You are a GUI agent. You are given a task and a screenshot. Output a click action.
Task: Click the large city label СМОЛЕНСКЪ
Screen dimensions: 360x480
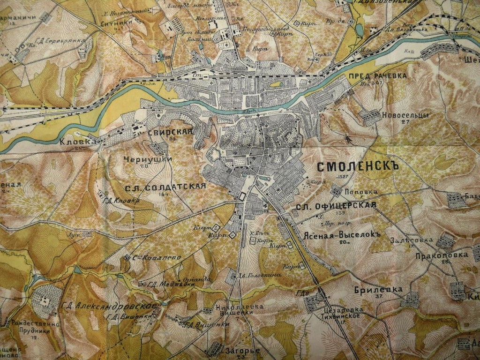tap(357, 167)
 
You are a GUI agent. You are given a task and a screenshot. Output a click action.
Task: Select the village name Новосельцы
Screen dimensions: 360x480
tap(398, 115)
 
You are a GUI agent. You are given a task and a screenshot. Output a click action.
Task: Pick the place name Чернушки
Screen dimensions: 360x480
tap(148, 159)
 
